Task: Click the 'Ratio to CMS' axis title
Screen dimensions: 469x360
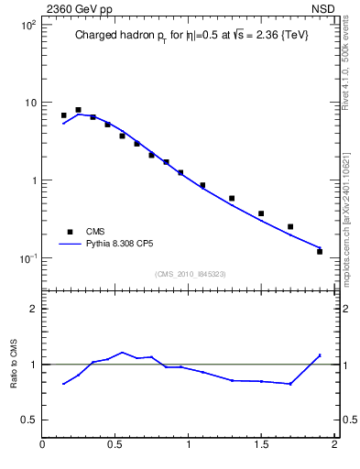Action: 14,364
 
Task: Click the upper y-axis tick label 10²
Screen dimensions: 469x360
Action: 27,25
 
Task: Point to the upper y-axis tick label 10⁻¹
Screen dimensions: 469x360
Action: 27,258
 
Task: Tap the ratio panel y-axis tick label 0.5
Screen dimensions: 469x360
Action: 28,420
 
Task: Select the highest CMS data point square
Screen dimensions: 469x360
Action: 78,110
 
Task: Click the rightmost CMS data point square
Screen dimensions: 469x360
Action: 320,251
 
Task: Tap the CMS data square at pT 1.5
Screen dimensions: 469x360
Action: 261,213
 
